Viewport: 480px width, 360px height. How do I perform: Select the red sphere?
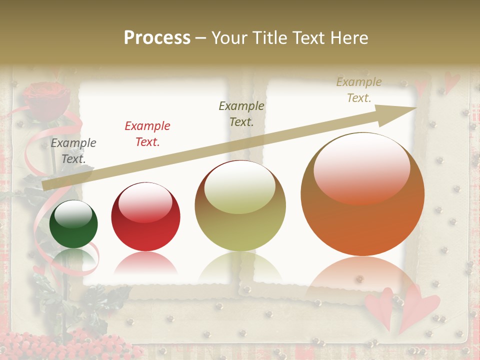(x=145, y=217)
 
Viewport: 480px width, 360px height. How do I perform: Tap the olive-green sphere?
(x=240, y=206)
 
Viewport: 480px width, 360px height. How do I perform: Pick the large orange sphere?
(x=362, y=194)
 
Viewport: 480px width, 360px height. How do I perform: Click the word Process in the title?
(x=157, y=37)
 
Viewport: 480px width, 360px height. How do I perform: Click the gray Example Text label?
(x=73, y=150)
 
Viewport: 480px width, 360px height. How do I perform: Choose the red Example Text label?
(x=147, y=133)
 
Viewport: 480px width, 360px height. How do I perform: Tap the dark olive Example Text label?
(x=241, y=113)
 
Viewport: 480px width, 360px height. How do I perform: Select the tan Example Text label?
(x=359, y=90)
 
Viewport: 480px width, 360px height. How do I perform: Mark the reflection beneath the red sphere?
(x=145, y=262)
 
